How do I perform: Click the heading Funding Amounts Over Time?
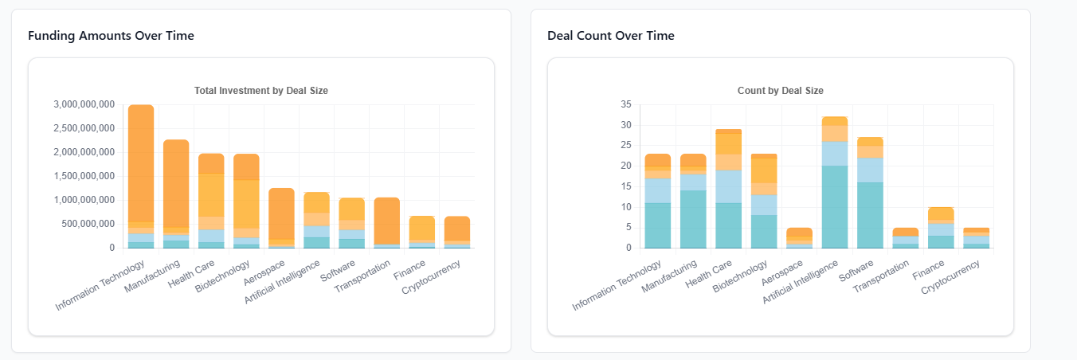coord(111,36)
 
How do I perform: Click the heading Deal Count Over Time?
coord(610,36)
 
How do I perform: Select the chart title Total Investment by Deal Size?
coord(261,91)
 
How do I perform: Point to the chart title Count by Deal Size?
coord(781,91)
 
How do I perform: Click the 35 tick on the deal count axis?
coord(625,104)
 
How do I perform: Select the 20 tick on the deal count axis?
coord(625,166)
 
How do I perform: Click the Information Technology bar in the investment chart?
coord(141,175)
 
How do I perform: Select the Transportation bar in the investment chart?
coord(386,222)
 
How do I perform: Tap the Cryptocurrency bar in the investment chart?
coord(456,232)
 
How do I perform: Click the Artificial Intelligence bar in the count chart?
coord(834,183)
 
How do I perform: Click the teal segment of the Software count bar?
coord(869,215)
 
